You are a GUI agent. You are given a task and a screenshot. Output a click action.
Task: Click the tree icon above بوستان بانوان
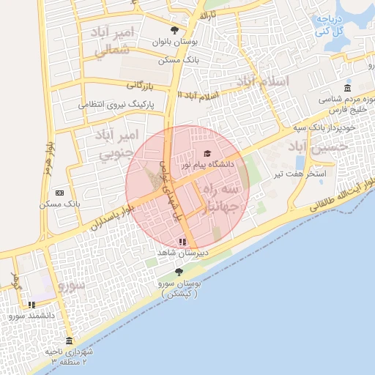point(174,30)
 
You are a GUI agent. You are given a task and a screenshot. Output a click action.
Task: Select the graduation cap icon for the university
point(207,153)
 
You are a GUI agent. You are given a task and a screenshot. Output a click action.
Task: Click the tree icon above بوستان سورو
point(179,272)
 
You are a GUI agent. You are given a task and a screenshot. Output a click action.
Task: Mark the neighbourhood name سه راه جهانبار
point(220,197)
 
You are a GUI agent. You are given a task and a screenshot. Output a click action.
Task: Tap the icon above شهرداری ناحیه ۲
point(69,341)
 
